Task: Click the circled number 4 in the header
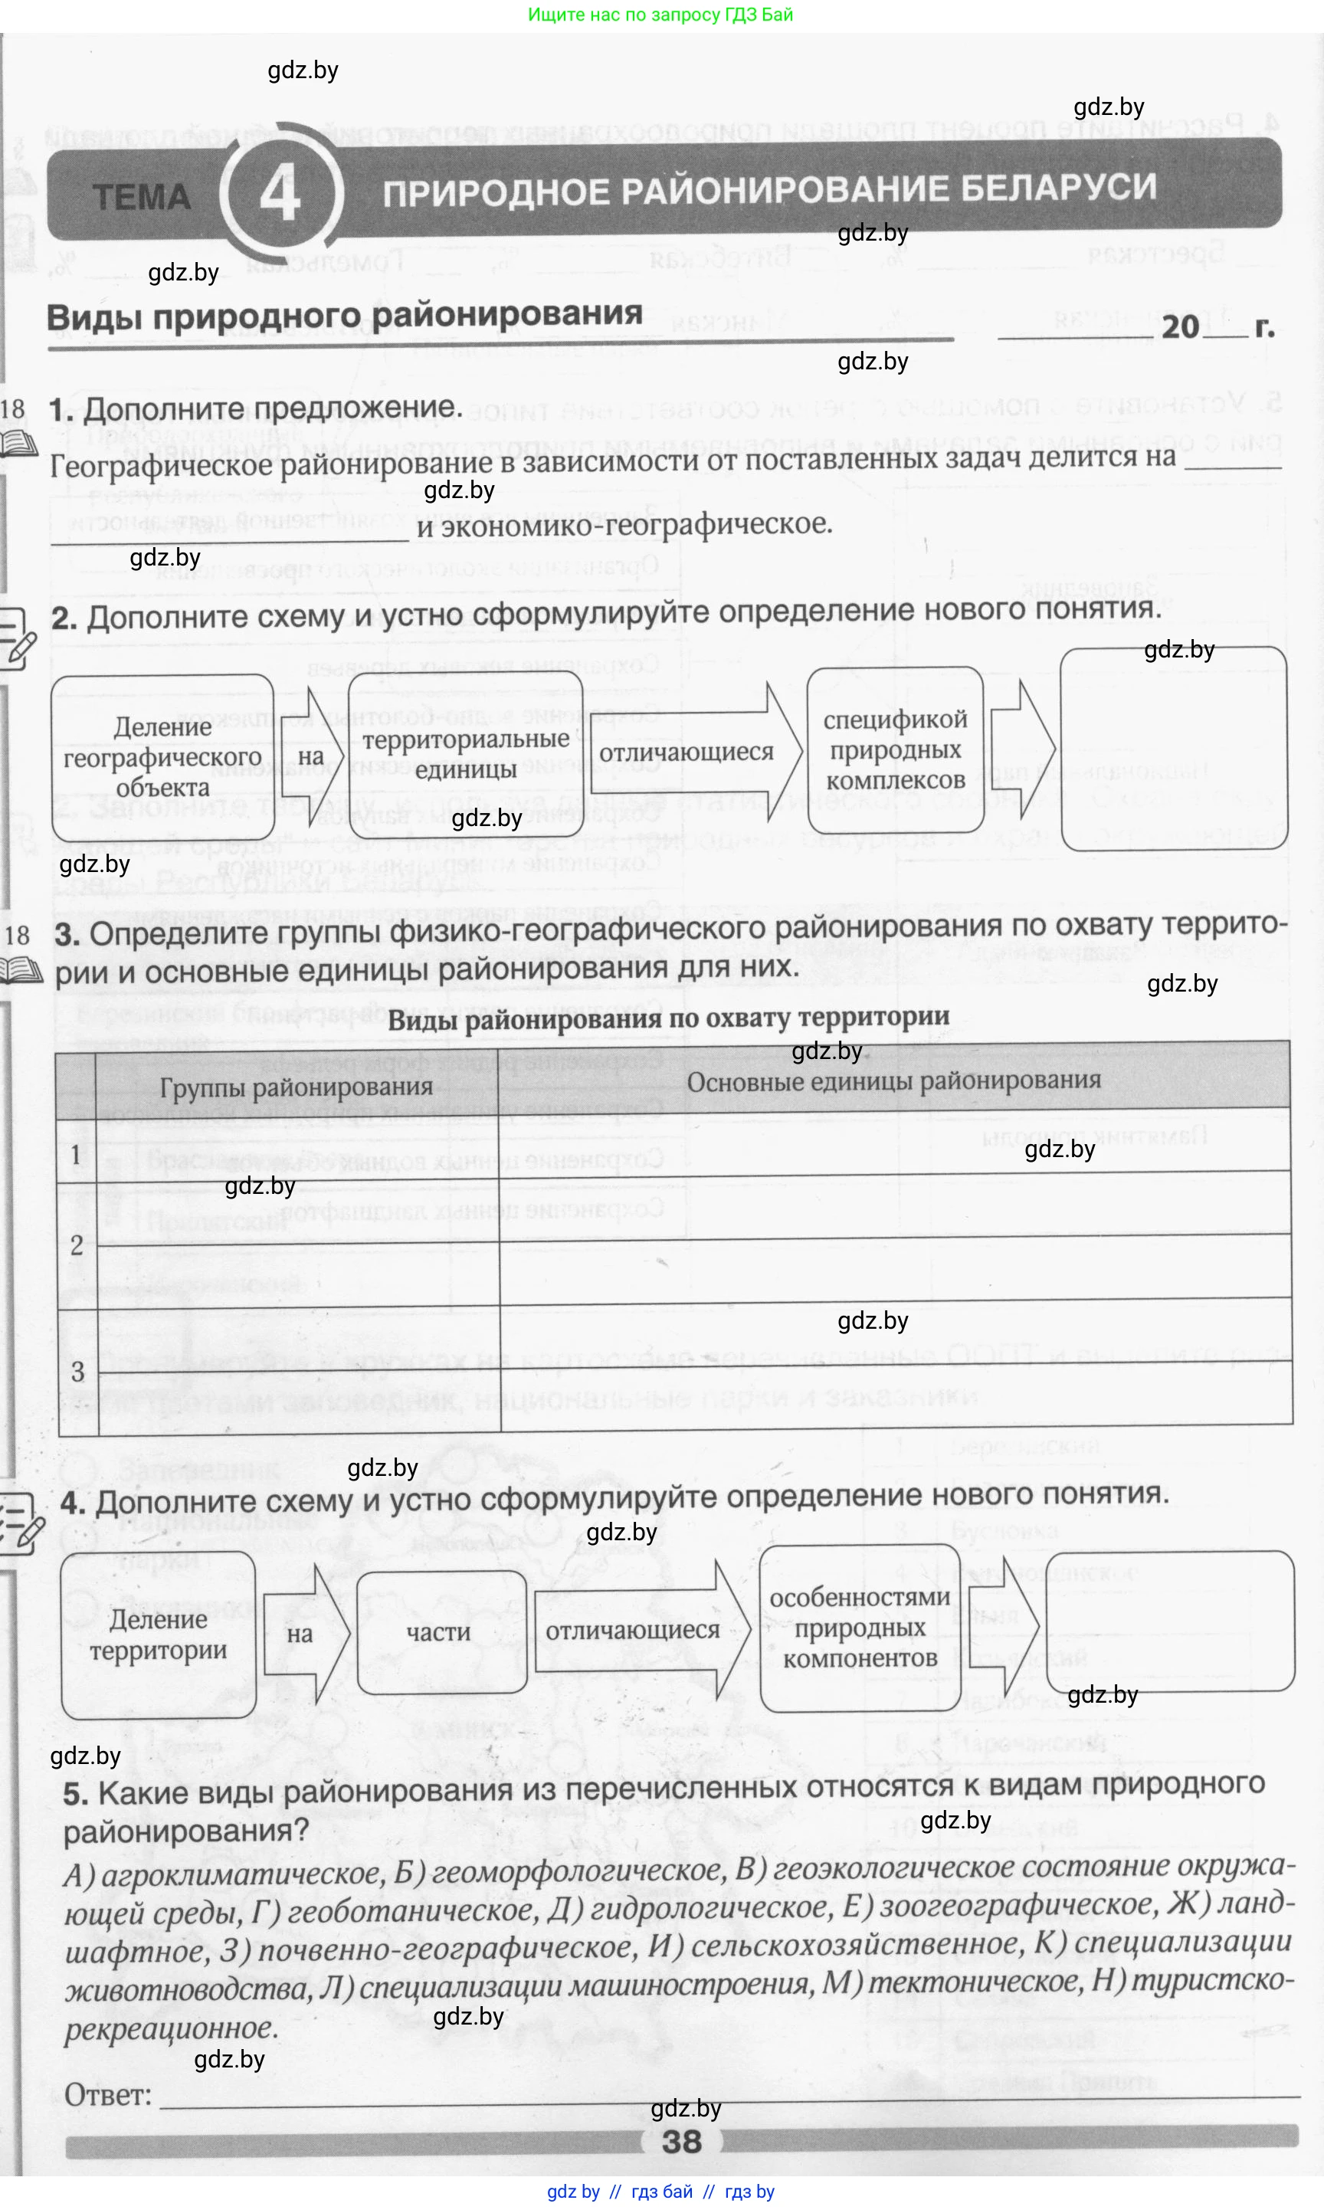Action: pos(280,194)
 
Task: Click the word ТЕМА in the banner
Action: pos(142,197)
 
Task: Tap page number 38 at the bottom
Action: pos(682,2141)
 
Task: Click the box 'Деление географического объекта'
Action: pos(162,758)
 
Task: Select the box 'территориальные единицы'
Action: pos(466,754)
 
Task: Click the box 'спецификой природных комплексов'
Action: pos(895,749)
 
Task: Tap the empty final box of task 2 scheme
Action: pos(1173,749)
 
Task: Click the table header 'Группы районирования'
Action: pos(297,1087)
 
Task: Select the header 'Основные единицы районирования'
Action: pos(893,1081)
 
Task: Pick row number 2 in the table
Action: pos(77,1245)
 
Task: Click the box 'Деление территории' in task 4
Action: pos(159,1635)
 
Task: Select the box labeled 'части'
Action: pos(438,1632)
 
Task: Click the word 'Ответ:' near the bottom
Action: pos(108,2095)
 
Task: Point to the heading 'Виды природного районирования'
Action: pos(344,316)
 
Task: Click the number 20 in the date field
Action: pos(1179,326)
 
